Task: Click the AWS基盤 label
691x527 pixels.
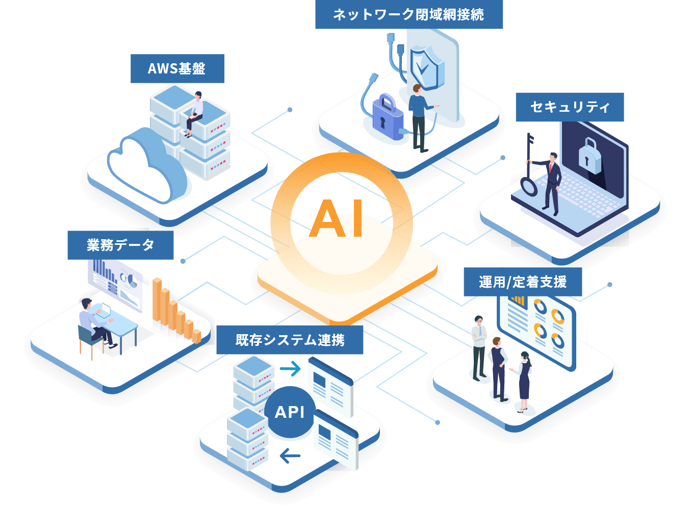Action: point(177,68)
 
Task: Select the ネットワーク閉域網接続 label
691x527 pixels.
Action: point(408,14)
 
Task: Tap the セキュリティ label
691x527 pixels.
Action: point(570,107)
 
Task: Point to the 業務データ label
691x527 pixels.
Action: point(120,245)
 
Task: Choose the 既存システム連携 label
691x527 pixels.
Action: point(290,340)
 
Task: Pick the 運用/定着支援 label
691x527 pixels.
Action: point(523,282)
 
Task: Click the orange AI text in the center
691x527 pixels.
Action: point(336,218)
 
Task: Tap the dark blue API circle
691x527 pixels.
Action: point(290,412)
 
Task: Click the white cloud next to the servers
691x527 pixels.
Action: point(147,165)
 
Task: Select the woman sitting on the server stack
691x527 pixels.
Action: point(194,114)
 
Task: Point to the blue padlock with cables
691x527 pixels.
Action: point(387,117)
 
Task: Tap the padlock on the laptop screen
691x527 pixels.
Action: point(589,156)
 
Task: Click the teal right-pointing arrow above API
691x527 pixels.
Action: point(290,369)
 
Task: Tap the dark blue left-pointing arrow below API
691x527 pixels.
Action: point(290,456)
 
